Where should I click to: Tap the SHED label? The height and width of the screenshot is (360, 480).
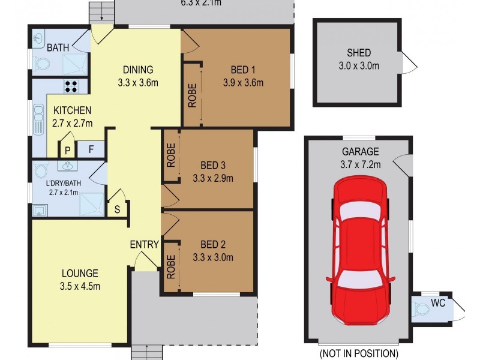pos(358,53)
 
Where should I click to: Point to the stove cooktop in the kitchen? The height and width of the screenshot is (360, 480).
pos(70,86)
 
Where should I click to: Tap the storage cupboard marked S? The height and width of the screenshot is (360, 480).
pos(116,209)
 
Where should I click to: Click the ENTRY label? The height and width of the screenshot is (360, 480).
pos(144,244)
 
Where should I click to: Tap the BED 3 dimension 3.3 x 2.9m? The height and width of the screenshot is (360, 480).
pos(212,178)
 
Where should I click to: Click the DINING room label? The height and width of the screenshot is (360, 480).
pos(138,69)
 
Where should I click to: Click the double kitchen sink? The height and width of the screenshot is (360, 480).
pos(39,121)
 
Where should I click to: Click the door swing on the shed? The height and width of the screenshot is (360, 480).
pos(407,62)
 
